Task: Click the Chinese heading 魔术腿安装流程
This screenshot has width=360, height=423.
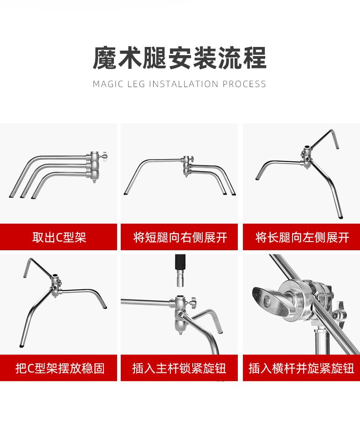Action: [180, 58]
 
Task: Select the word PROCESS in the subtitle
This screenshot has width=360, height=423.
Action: [244, 84]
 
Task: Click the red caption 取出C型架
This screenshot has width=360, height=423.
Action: [59, 237]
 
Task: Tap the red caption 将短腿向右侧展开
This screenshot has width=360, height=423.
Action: [180, 237]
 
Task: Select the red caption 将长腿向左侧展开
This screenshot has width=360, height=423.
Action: [302, 237]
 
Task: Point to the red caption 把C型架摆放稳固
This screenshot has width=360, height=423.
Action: [60, 368]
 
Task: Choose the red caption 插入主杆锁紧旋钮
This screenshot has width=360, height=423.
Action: [180, 368]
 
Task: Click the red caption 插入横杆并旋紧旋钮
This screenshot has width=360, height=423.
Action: [301, 368]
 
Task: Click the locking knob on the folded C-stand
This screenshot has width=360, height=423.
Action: [104, 156]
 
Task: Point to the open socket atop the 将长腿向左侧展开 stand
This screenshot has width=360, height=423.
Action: [307, 148]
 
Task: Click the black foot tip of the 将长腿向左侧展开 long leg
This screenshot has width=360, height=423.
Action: [341, 217]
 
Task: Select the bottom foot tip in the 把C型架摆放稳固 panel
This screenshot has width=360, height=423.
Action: [21, 346]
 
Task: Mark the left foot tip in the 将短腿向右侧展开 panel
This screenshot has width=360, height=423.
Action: [125, 193]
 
